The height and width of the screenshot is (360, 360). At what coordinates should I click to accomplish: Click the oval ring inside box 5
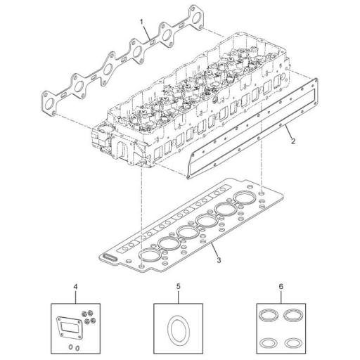[x=178, y=330]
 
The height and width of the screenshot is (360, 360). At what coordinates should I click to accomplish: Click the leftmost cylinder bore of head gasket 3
[x=150, y=253]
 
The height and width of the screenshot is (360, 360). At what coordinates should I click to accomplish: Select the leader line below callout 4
[x=76, y=297]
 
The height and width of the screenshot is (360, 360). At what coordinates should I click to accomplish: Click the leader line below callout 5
[x=179, y=297]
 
